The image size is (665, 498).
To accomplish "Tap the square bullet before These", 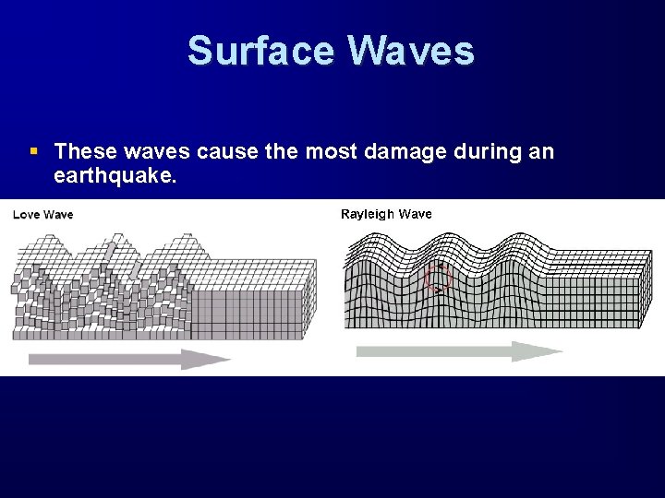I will [x=34, y=150].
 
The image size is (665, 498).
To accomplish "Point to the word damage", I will [x=408, y=151].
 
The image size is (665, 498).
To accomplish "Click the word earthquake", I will [x=115, y=175].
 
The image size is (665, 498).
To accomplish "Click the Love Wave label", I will [x=42, y=215].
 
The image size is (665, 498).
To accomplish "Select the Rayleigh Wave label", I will [x=386, y=214].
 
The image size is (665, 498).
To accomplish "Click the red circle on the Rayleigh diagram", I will [x=437, y=277].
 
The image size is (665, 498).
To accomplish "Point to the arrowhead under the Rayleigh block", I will [x=539, y=351].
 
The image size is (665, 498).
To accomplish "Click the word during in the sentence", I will [x=490, y=151].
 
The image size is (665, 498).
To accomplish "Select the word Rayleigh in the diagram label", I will [x=368, y=214].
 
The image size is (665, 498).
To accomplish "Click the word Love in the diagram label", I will [x=26, y=215].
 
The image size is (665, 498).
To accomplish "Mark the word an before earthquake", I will [x=542, y=151].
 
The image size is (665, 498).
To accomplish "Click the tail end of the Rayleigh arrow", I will [x=360, y=351].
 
